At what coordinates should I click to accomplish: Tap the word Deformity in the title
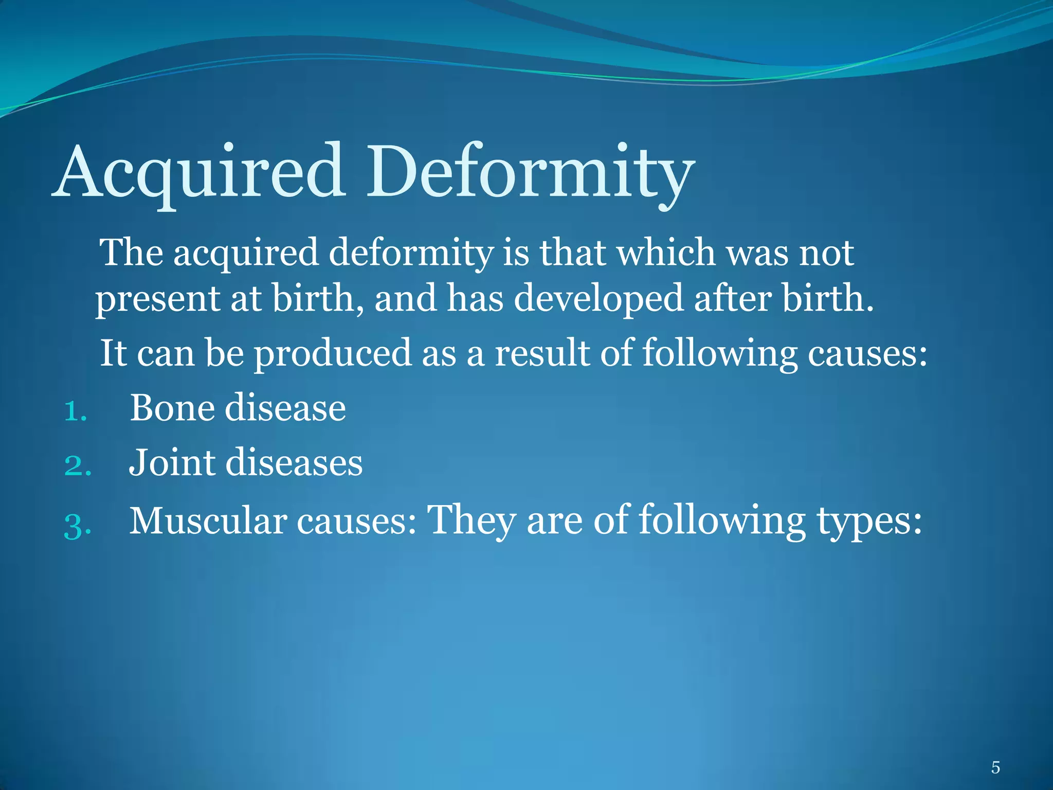530,172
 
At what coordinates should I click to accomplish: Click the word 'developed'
598,299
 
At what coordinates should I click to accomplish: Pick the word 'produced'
333,354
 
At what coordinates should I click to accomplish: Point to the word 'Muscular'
208,521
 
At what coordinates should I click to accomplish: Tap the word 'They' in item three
471,521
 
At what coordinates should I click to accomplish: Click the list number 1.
75,412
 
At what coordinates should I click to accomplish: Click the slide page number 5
995,768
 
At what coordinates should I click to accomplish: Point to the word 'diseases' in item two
294,462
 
